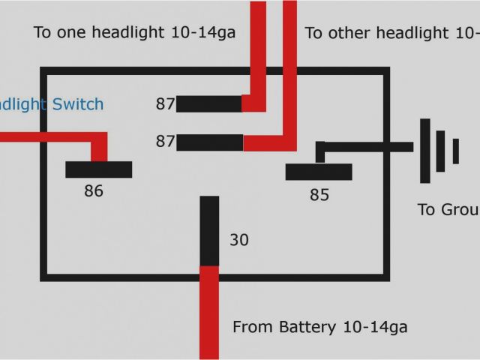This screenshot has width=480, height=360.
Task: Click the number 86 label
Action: [x=94, y=191]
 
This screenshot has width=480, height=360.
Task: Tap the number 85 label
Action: [x=319, y=195]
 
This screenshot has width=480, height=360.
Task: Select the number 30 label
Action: [x=238, y=240]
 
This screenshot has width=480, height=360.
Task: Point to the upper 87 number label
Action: [x=165, y=104]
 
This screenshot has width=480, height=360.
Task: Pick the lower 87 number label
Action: [x=165, y=142]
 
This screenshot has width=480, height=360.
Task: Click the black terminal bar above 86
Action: [x=98, y=169]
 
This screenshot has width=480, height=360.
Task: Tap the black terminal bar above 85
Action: [x=319, y=172]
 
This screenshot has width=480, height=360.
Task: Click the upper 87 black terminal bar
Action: [x=209, y=103]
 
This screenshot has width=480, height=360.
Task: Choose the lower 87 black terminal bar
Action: [x=210, y=142]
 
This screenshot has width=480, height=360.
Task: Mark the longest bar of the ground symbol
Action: [x=425, y=151]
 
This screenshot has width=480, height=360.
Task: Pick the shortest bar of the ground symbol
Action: [x=455, y=151]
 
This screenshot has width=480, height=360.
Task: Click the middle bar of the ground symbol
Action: [x=441, y=151]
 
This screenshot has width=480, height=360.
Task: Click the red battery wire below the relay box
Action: [x=209, y=315]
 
